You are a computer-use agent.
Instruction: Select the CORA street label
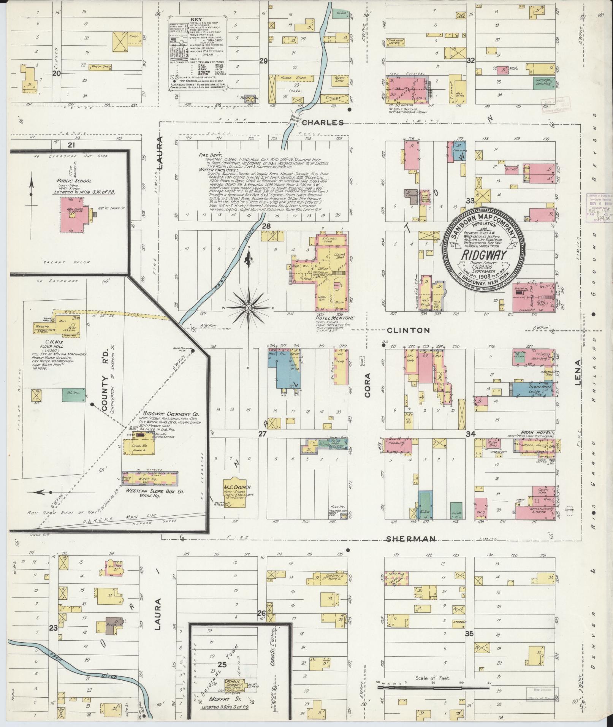367,385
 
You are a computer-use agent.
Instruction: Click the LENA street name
578,372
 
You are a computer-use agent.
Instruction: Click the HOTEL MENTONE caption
328,318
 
